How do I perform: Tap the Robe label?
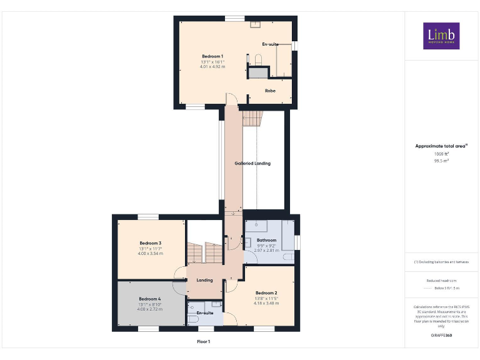[x=270, y=91]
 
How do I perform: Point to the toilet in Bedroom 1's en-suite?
[x=257, y=59]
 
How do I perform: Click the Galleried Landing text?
[x=252, y=163]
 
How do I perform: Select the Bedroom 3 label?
[x=150, y=242]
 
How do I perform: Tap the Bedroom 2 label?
[x=266, y=292]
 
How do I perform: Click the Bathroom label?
[x=266, y=239]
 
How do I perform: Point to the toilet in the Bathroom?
[x=288, y=256]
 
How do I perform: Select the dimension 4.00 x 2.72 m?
[x=150, y=309]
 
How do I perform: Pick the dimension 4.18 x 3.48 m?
[x=266, y=303]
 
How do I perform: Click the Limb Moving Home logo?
[x=441, y=36]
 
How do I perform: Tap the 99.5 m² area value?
[x=441, y=160]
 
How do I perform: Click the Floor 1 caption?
[x=204, y=342]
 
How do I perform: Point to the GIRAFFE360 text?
[x=441, y=336]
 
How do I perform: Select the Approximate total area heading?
[x=441, y=146]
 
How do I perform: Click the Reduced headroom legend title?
[x=441, y=281]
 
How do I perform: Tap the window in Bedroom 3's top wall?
[x=148, y=216]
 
